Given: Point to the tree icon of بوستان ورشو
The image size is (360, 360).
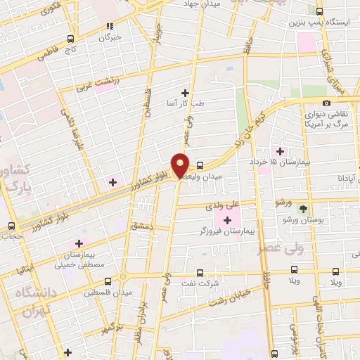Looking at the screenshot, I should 303,208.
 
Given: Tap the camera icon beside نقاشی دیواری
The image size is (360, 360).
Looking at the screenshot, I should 326,104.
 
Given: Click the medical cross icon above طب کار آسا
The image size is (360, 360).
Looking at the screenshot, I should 186,93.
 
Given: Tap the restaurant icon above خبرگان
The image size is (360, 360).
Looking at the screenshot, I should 109,25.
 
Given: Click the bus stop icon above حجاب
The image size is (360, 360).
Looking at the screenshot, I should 11,226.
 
